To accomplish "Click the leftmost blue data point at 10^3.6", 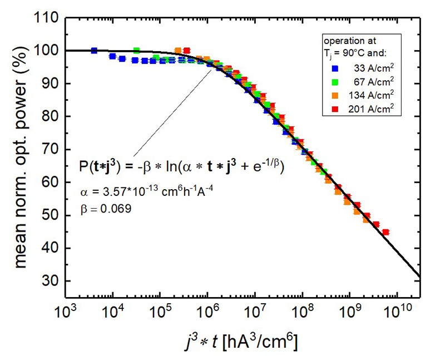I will pyautogui.click(x=94, y=51).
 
